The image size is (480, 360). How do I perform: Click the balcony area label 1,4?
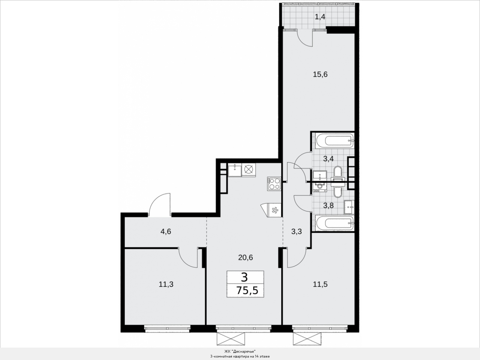[x=320, y=17]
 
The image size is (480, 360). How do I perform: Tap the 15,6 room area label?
[x=320, y=75]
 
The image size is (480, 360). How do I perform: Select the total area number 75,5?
[x=247, y=291]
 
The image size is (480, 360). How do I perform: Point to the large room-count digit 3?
[x=244, y=277]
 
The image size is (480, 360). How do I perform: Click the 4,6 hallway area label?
[x=166, y=231]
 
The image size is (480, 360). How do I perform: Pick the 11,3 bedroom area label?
[x=166, y=284]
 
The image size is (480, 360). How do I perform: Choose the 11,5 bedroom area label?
[x=320, y=284]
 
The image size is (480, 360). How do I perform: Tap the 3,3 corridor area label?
[x=297, y=231]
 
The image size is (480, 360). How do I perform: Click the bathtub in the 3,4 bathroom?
[x=334, y=141]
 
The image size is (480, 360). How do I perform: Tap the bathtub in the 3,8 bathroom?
[x=334, y=223]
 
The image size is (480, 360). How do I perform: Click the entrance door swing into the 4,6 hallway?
[x=159, y=205]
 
